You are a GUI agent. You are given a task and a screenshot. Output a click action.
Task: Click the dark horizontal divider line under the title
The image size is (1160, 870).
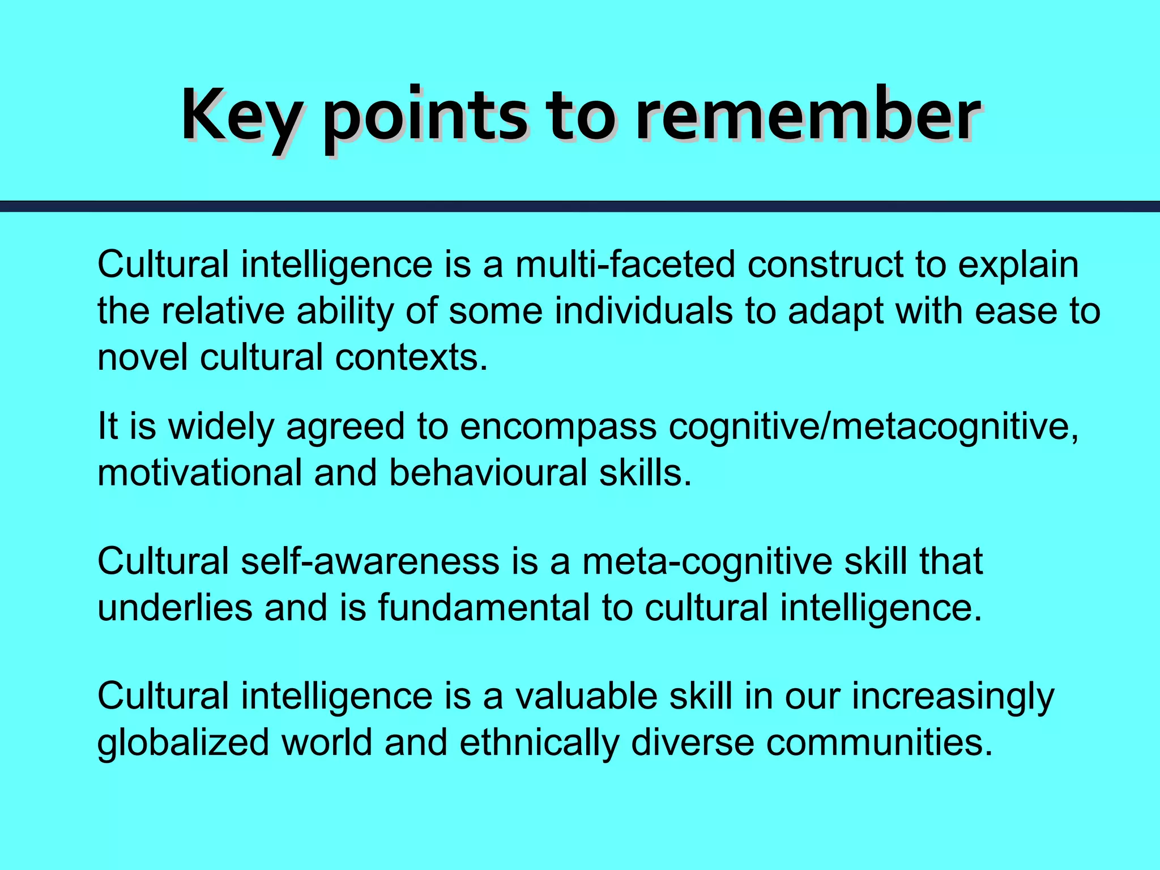(x=580, y=206)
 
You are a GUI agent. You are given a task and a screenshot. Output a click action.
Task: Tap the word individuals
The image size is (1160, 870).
(x=643, y=311)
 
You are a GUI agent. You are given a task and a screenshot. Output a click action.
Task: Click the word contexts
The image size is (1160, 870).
(x=411, y=357)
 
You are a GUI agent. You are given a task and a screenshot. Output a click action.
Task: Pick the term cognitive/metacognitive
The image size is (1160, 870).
(x=873, y=427)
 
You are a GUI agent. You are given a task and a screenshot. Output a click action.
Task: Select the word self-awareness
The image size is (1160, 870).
(x=370, y=561)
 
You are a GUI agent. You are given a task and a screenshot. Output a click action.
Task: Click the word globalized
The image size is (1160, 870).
(x=183, y=743)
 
